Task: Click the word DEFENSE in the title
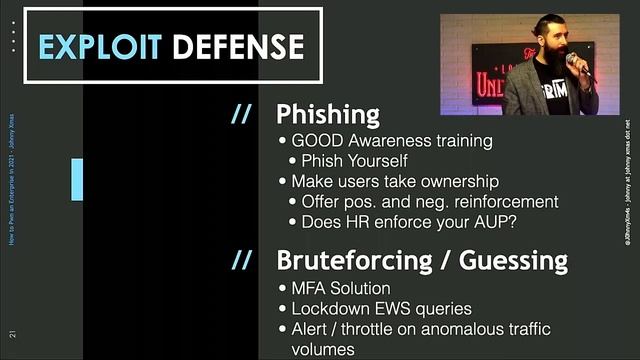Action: [237, 45]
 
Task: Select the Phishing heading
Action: [327, 113]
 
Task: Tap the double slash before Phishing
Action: [242, 113]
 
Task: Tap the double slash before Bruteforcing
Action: [242, 261]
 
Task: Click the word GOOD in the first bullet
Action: [316, 141]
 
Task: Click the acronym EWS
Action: [395, 309]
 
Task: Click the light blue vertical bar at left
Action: [77, 179]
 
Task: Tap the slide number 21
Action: [11, 333]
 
